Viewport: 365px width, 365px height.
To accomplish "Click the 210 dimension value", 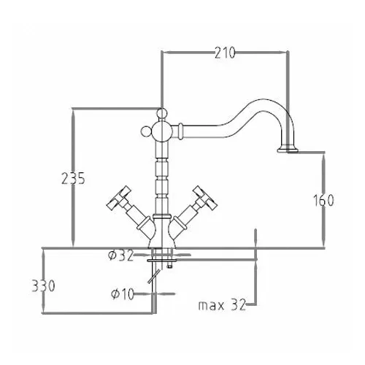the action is [x=225, y=53].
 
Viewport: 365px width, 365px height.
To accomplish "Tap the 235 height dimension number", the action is [x=73, y=178].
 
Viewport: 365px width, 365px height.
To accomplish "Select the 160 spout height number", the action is [x=323, y=201].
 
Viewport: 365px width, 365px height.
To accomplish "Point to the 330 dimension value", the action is [x=44, y=285].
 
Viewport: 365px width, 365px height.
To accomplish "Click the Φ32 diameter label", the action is [x=121, y=255].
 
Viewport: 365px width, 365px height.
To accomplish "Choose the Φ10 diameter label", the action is [x=123, y=293].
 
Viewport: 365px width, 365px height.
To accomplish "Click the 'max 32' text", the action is [x=222, y=304].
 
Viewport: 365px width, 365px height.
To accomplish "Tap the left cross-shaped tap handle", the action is [x=119, y=199].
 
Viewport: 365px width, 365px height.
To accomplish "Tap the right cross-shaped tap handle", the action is [x=204, y=199].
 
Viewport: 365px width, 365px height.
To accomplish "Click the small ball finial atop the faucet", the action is [x=161, y=113].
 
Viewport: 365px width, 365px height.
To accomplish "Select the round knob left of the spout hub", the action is [x=146, y=131].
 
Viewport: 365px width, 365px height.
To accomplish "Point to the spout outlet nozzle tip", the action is [x=288, y=149].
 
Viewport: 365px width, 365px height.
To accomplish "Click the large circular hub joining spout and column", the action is [x=161, y=131].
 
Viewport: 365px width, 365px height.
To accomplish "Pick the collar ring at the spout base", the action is [x=180, y=131].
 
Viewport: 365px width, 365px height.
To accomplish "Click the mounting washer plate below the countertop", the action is [x=161, y=261].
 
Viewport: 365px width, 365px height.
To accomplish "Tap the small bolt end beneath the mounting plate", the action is [x=169, y=266].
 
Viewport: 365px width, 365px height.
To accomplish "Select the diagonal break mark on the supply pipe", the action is [x=154, y=276].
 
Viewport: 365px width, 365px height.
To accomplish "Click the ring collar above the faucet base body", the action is [x=161, y=216].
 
